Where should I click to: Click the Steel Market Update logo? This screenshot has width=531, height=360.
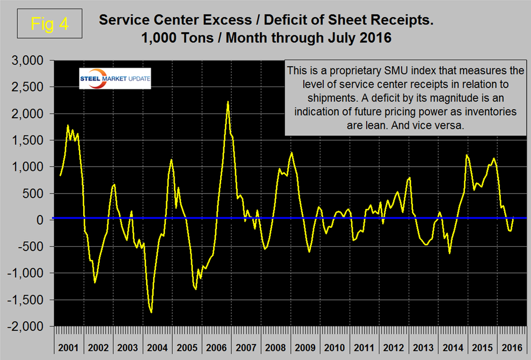[x=115, y=78]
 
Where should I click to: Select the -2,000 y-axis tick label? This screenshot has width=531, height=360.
[x=27, y=326]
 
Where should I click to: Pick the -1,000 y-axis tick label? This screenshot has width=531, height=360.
[x=27, y=273]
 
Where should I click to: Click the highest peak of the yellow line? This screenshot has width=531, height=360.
[x=228, y=102]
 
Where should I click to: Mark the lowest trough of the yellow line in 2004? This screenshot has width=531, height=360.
[x=151, y=312]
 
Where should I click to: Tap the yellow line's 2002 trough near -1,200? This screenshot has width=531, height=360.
[x=95, y=282]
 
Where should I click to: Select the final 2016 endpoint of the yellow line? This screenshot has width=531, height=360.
[x=514, y=218]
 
